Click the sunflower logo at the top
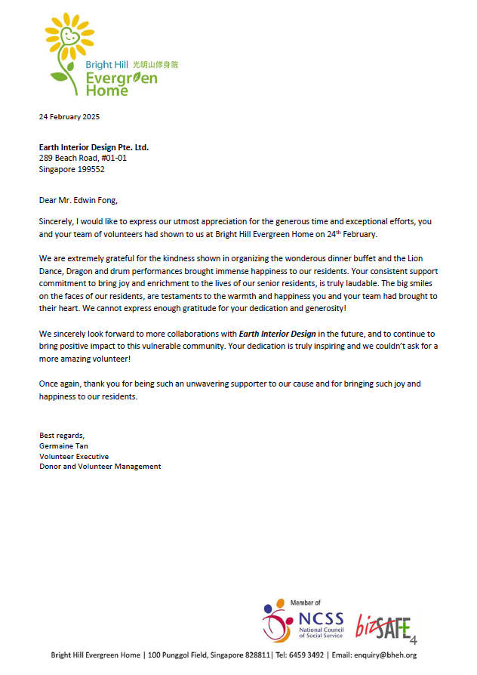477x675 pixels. [72, 45]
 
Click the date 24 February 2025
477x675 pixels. [69, 117]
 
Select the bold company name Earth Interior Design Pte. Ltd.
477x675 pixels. [94, 147]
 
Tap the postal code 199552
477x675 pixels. [89, 169]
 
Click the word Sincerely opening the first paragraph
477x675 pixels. [57, 222]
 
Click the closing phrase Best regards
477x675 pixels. [62, 435]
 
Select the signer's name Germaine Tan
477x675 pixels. [64, 445]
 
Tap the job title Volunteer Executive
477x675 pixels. [74, 456]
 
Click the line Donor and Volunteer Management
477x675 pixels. [100, 467]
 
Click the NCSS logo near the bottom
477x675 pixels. [301, 622]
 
